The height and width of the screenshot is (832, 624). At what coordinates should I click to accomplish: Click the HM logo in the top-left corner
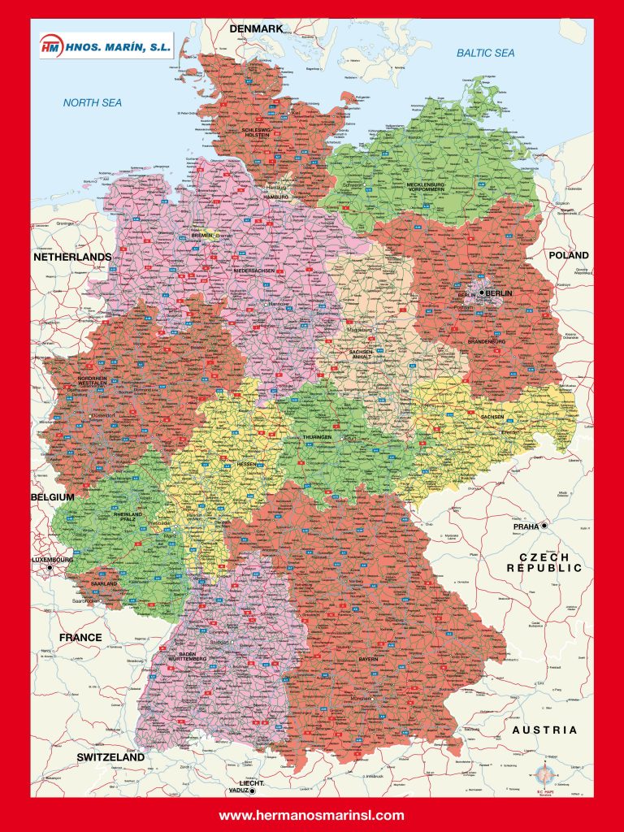click(x=51, y=47)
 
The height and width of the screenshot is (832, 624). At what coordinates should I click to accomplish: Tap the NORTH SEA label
click(x=93, y=103)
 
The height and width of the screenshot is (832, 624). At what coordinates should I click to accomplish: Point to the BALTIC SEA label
click(x=485, y=53)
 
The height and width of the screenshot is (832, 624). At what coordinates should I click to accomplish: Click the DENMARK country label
click(x=256, y=28)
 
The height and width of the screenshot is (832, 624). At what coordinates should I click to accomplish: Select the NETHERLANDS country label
click(x=72, y=257)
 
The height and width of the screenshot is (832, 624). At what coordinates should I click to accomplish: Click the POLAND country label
click(x=569, y=255)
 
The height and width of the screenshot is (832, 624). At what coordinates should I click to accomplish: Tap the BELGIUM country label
click(x=53, y=496)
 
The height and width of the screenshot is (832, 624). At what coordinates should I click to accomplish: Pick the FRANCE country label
click(x=80, y=637)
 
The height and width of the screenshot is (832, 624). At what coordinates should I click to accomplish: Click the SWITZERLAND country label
click(x=110, y=757)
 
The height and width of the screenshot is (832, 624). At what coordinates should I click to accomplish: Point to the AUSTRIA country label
click(x=544, y=730)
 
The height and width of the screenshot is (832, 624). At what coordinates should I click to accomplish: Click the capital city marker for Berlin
click(x=482, y=292)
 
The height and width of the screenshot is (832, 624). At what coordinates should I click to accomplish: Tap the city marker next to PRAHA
click(x=544, y=526)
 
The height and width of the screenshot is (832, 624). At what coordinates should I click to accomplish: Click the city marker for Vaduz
click(x=253, y=790)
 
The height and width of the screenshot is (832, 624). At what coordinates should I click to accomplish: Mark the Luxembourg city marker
click(x=50, y=568)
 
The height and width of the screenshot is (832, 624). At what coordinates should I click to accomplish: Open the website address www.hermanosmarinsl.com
click(x=311, y=815)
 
